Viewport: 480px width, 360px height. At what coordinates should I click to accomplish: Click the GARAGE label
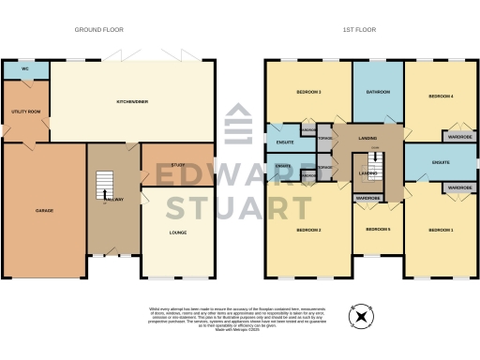point(43,210)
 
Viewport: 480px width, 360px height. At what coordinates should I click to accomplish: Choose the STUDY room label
point(178,165)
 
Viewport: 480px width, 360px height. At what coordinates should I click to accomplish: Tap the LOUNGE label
point(178,232)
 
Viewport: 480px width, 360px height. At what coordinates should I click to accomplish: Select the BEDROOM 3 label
point(308,92)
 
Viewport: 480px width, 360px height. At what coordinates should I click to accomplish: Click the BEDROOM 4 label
point(441,96)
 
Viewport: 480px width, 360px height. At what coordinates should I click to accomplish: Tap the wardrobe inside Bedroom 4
point(457,136)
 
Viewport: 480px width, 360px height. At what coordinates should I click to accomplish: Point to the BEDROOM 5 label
point(377,229)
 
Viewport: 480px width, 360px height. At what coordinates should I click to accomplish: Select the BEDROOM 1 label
point(441,230)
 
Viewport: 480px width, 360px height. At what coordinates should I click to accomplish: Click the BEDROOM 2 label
point(308,230)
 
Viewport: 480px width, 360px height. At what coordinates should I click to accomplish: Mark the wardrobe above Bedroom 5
point(367,198)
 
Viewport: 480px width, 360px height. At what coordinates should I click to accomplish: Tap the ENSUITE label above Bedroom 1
point(441,162)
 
